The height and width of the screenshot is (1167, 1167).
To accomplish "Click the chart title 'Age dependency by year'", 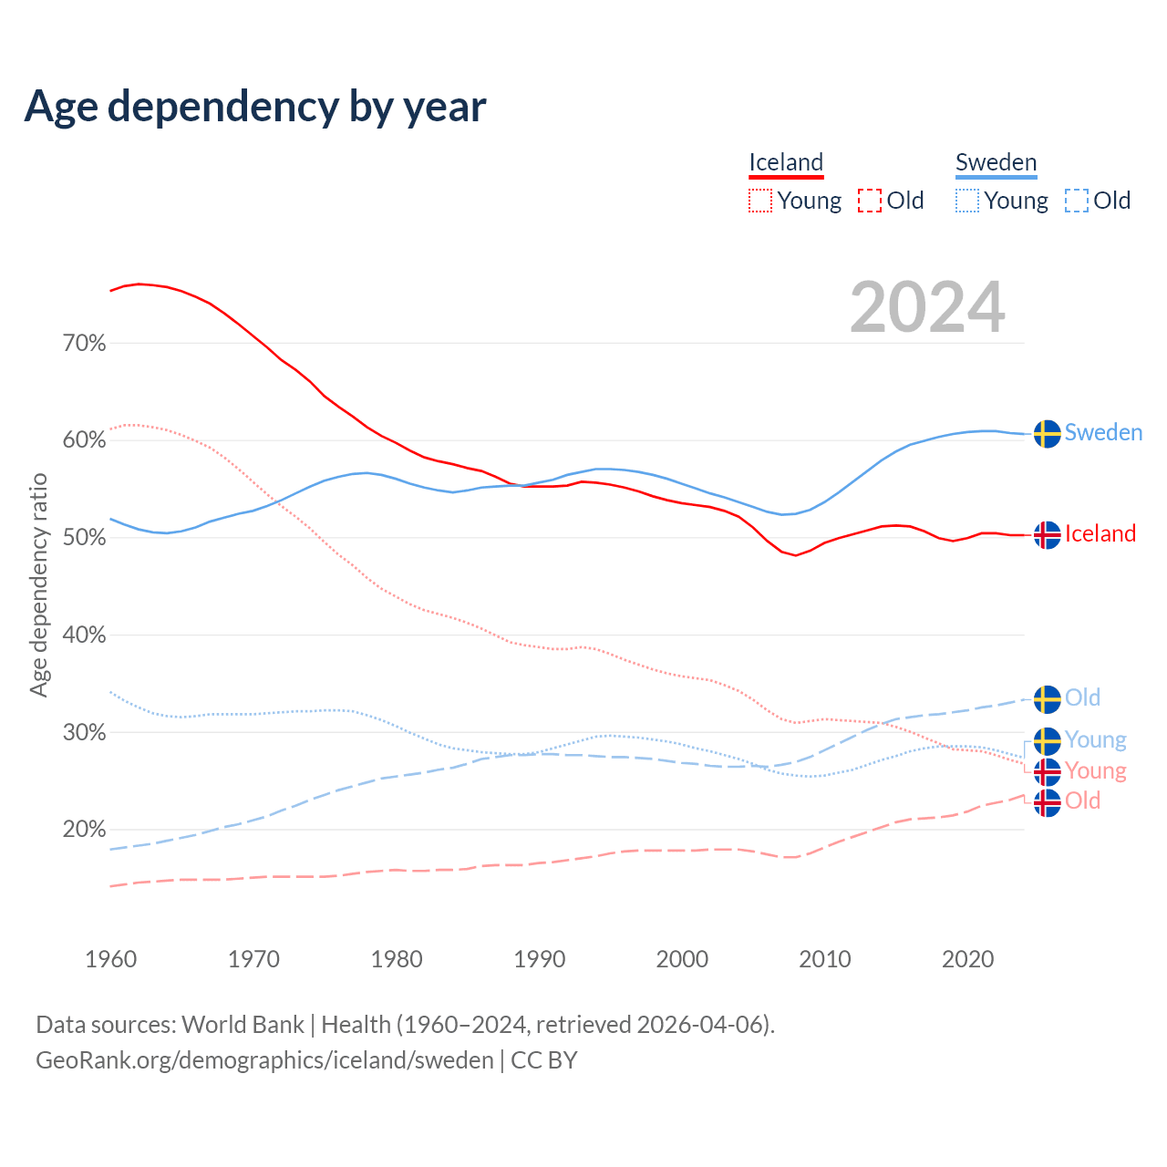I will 255,107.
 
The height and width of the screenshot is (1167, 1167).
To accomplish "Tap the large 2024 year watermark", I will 927,308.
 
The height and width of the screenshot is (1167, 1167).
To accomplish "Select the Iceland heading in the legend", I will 786,163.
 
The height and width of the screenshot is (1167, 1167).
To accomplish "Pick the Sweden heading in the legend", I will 996,163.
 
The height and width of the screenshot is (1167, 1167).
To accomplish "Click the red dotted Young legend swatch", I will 760,201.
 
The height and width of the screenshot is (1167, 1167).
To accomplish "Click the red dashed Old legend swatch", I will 870,201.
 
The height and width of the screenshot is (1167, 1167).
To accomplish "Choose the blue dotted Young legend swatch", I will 967,201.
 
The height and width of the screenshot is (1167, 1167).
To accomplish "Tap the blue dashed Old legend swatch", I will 1077,201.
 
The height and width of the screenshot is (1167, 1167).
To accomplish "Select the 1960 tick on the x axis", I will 111,959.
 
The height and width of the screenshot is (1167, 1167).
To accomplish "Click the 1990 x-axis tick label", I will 540,959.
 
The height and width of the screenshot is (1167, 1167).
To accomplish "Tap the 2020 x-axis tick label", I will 967,959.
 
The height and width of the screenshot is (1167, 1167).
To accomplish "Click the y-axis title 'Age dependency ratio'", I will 39,584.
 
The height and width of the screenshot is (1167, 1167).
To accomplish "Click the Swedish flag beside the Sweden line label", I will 1048,434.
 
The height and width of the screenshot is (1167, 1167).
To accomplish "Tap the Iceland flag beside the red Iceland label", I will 1048,535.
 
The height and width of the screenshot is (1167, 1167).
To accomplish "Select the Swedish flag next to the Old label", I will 1048,699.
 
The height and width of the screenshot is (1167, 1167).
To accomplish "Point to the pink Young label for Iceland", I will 1096,771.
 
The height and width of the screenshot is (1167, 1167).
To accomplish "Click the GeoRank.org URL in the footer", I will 264,1060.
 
